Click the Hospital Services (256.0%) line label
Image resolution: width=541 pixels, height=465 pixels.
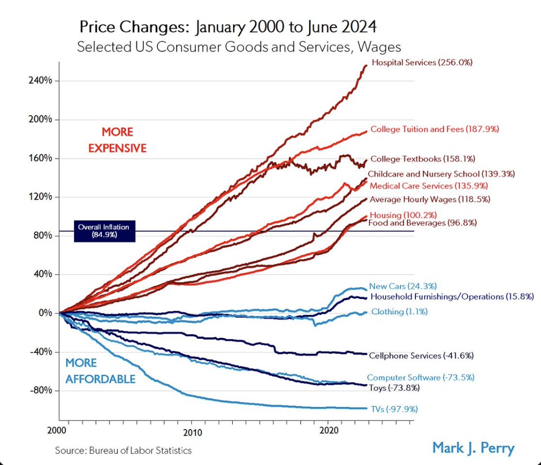[422, 63]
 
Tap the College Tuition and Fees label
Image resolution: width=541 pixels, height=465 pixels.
[434, 129]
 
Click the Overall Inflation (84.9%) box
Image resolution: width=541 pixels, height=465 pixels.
[104, 231]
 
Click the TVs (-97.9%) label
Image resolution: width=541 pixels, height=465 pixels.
[394, 409]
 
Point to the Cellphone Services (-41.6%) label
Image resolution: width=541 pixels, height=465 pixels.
[421, 355]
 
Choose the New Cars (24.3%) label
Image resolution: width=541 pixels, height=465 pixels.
[398, 286]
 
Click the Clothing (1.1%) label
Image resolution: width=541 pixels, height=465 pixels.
[399, 312]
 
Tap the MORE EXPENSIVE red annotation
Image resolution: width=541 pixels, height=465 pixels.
[117, 140]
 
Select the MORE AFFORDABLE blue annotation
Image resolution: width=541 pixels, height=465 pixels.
[100, 371]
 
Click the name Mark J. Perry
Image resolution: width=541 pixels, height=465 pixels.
[473, 447]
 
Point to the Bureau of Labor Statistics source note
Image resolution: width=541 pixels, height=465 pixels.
[123, 450]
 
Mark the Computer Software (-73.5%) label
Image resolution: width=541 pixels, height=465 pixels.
[420, 377]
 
